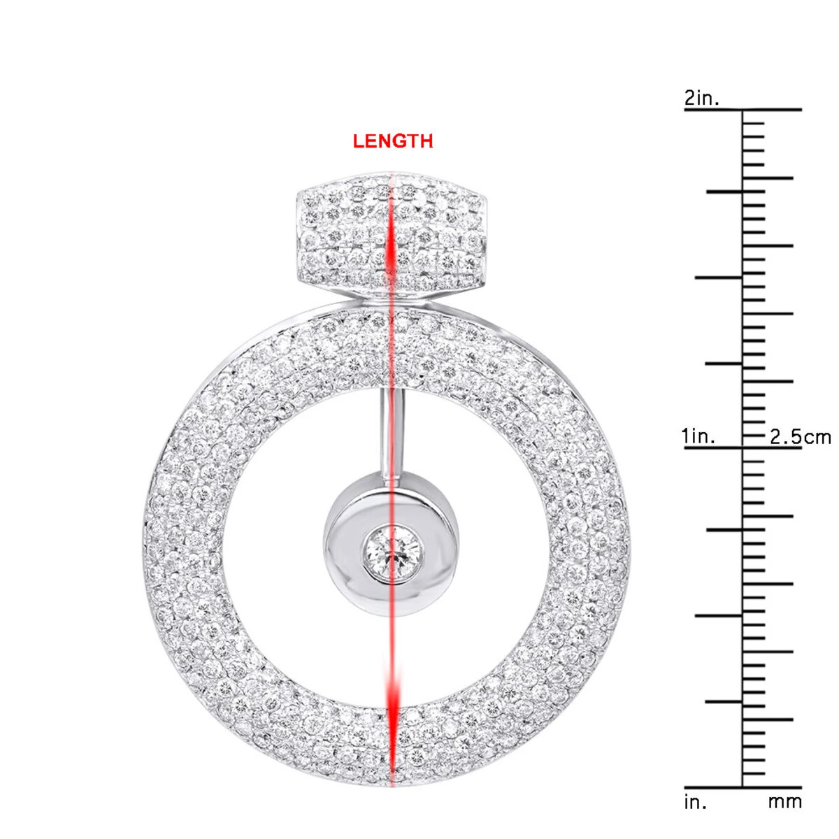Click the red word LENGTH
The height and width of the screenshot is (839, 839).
pyautogui.click(x=393, y=141)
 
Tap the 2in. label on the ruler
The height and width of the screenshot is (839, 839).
pyautogui.click(x=701, y=98)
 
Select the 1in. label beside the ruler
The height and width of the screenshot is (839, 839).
pyautogui.click(x=698, y=437)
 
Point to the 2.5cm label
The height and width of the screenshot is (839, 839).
pyautogui.click(x=801, y=437)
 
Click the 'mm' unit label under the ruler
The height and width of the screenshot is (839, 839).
pyautogui.click(x=785, y=801)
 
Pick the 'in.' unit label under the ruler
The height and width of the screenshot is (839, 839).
pyautogui.click(x=695, y=801)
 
